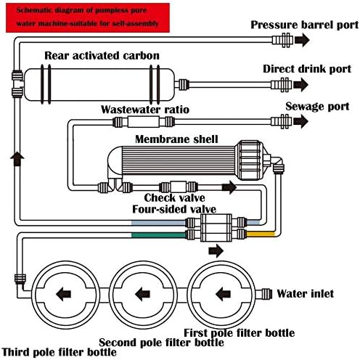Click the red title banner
(x=88, y=17)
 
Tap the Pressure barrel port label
(x=304, y=25)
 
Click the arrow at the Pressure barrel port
(x=302, y=40)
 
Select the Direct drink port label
(x=307, y=69)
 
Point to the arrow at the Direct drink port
(x=301, y=85)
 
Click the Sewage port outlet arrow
(x=301, y=121)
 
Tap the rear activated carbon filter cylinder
(x=99, y=84)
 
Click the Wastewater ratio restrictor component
(x=144, y=122)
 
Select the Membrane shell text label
(x=176, y=139)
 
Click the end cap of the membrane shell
(x=250, y=160)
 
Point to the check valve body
(x=179, y=187)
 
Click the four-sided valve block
(x=216, y=228)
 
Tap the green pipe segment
(x=159, y=235)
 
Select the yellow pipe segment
(x=261, y=234)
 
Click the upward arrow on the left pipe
(x=17, y=159)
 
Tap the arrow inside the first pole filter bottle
(x=223, y=295)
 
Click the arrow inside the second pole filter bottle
(x=143, y=295)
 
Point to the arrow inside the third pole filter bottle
(x=63, y=295)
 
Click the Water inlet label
(x=306, y=294)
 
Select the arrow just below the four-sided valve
(x=216, y=251)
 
